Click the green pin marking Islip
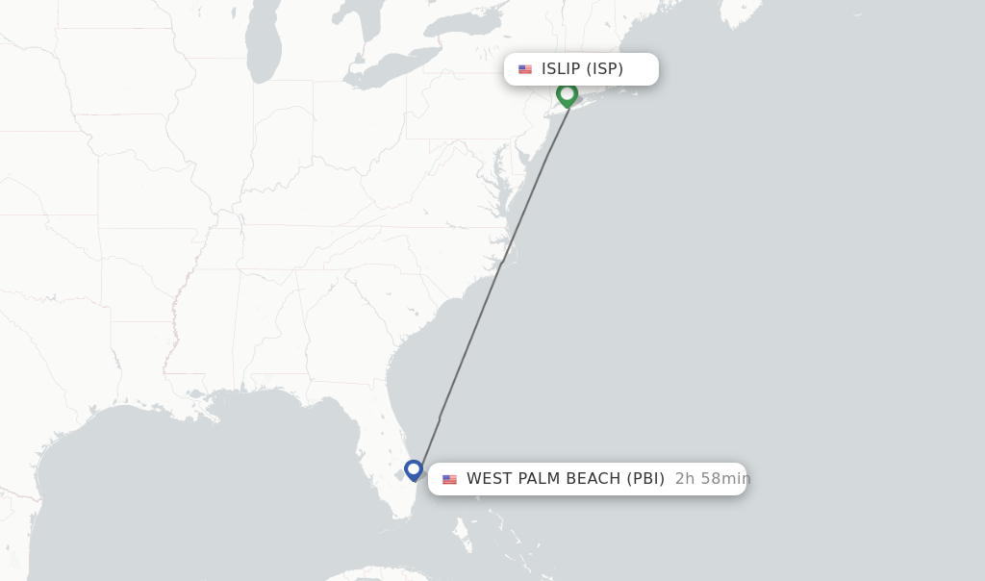pyautogui.click(x=567, y=94)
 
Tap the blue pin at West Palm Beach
pyautogui.click(x=414, y=469)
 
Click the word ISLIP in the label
pyautogui.click(x=561, y=69)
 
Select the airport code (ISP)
pyautogui.click(x=605, y=69)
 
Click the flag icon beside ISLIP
pyautogui.click(x=525, y=69)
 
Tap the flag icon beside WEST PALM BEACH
pyautogui.click(x=449, y=479)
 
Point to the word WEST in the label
pyautogui.click(x=488, y=479)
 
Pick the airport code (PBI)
pyautogui.click(x=644, y=479)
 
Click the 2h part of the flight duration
pyautogui.click(x=685, y=479)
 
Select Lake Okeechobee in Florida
pyautogui.click(x=399, y=474)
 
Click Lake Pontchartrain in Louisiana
pyautogui.click(x=196, y=394)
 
